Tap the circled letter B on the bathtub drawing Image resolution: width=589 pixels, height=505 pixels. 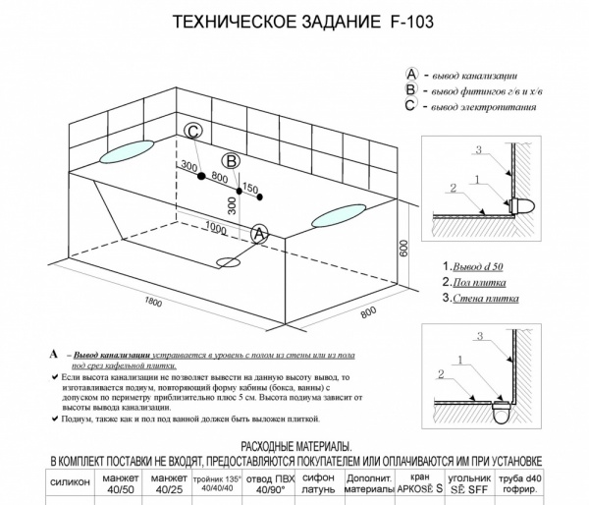(231, 161)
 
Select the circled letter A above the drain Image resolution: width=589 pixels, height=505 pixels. (260, 234)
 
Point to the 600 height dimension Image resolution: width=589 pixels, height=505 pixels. (402, 250)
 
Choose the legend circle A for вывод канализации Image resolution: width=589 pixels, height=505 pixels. (412, 75)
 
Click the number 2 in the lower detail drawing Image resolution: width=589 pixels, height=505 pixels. (443, 374)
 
